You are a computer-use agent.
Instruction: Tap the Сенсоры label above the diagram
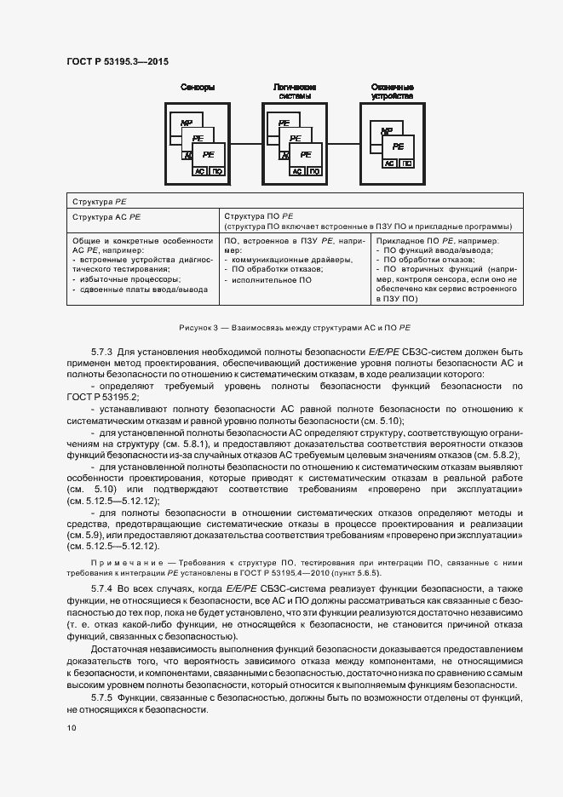198,88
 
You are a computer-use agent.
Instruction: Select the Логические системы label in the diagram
295,92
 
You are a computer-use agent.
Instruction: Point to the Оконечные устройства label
393,92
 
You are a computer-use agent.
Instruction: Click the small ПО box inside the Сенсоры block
217,170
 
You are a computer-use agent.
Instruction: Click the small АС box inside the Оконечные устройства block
390,162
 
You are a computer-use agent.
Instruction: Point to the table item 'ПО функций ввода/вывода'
431,250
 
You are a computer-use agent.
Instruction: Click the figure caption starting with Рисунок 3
294,326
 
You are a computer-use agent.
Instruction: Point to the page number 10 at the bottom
71,728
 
